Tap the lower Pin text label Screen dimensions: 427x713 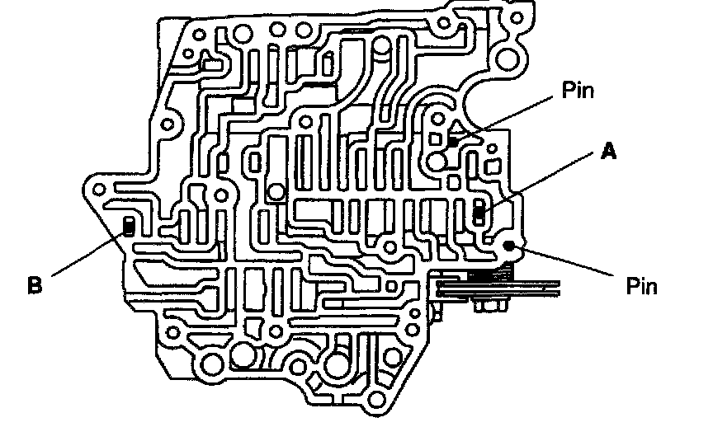click(x=642, y=286)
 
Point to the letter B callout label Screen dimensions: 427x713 click(x=34, y=285)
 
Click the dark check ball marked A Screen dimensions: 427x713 click(x=479, y=213)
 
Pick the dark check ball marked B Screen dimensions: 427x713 click(x=129, y=227)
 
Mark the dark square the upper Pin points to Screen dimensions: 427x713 click(x=453, y=143)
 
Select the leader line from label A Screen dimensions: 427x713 click(x=541, y=182)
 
